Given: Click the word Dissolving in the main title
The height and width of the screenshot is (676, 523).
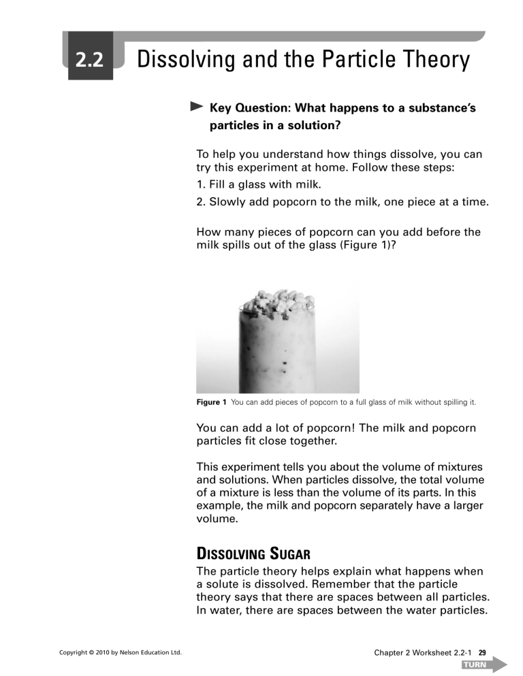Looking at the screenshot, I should [184, 61].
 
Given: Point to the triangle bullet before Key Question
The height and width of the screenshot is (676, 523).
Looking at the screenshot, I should [197, 107].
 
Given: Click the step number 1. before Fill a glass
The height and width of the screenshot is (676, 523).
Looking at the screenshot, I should [201, 184].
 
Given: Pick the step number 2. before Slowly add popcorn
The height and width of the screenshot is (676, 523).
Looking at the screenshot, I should [202, 201].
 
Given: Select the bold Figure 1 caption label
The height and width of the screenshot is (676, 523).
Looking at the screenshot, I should [211, 403].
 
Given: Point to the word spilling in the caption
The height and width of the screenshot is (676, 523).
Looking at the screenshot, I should [450, 403].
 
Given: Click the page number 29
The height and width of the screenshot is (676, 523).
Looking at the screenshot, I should [481, 653].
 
